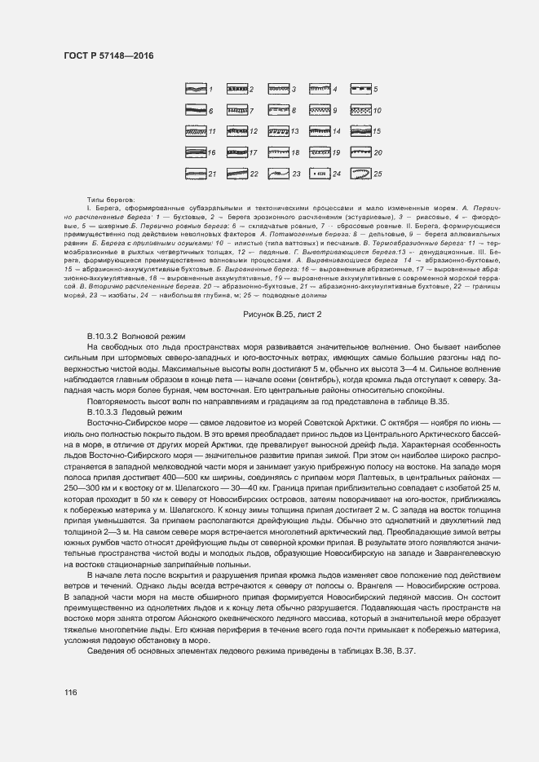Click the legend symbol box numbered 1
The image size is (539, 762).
194,89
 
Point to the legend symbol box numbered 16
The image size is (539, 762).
194,152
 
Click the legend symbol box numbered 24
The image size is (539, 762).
320,174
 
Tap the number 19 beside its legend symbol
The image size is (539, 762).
336,152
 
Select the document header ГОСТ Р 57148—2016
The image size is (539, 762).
108,55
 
